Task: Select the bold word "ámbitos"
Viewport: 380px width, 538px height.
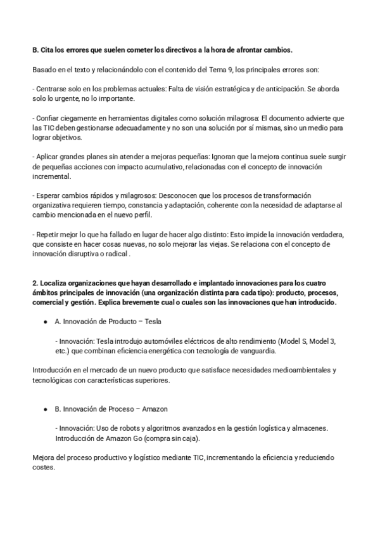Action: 45,292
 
